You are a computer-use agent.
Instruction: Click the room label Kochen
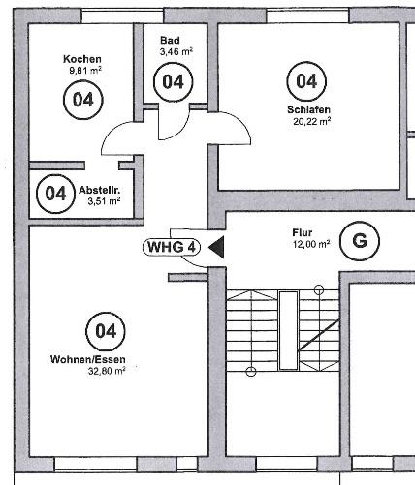click(82, 59)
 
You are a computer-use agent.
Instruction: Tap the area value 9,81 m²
click(85, 71)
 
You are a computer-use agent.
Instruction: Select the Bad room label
click(170, 41)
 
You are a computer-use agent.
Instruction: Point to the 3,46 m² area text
click(176, 51)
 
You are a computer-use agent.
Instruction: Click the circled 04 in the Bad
click(174, 82)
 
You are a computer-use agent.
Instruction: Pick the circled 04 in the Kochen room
click(83, 100)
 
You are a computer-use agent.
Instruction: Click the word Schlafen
click(309, 109)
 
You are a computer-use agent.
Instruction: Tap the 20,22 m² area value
click(311, 121)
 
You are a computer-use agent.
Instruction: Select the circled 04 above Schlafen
click(306, 81)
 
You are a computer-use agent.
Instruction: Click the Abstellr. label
click(100, 190)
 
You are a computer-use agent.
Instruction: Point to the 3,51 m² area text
click(104, 201)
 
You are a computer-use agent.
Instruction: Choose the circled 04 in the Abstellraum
click(56, 194)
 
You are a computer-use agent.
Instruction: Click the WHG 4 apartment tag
click(172, 247)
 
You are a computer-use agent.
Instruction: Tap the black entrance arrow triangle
click(218, 247)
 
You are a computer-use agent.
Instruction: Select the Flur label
click(303, 232)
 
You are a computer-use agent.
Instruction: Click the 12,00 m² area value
click(311, 244)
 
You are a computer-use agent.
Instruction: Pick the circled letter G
click(360, 241)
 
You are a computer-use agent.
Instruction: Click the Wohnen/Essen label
click(88, 359)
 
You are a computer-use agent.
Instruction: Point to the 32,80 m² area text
click(107, 371)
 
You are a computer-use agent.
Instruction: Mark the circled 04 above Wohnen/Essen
click(106, 331)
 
